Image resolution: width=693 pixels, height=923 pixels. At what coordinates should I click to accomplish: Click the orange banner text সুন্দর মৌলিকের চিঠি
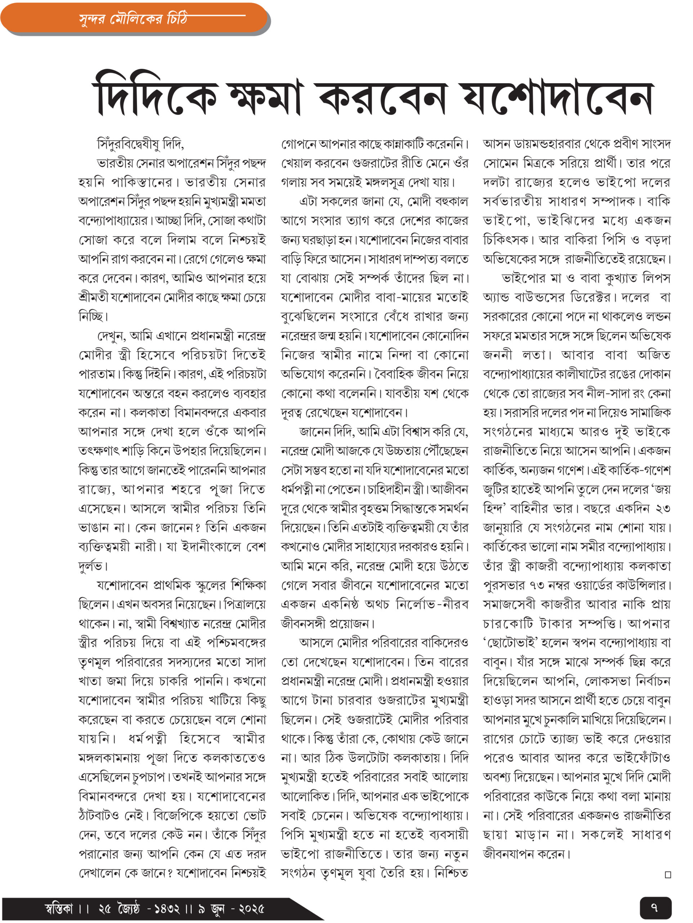click(x=133, y=19)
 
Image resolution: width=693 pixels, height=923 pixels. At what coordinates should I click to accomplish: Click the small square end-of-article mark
click(x=667, y=875)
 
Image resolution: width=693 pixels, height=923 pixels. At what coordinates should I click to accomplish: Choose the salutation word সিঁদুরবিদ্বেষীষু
click(x=129, y=144)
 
